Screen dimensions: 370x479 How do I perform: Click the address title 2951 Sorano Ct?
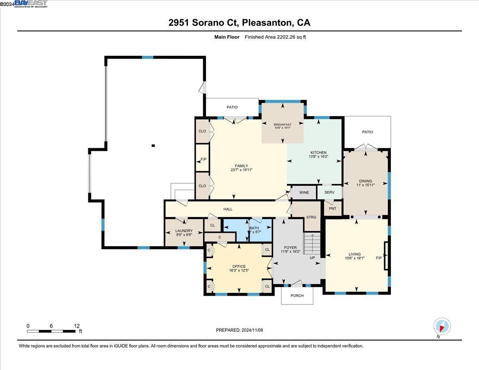pyautogui.click(x=239, y=23)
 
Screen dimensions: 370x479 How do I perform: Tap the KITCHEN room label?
pyautogui.click(x=319, y=152)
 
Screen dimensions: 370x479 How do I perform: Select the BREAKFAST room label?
pyautogui.click(x=283, y=125)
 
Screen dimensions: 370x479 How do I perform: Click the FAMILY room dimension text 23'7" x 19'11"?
pyautogui.click(x=241, y=170)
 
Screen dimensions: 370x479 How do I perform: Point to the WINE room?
pyautogui.click(x=304, y=192)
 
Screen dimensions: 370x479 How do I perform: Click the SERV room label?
pyautogui.click(x=329, y=192)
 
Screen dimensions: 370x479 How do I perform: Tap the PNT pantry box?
pyautogui.click(x=333, y=208)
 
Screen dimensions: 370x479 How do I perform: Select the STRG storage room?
pyautogui.click(x=311, y=217)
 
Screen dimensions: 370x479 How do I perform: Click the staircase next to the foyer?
pyautogui.click(x=312, y=243)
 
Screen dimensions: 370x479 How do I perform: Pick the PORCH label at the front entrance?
pyautogui.click(x=297, y=296)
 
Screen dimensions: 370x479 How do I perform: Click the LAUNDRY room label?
pyautogui.click(x=184, y=231)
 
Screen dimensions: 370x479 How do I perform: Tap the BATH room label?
pyautogui.click(x=254, y=228)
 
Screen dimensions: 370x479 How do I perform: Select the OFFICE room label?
pyautogui.click(x=239, y=266)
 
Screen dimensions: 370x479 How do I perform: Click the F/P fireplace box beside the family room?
pyautogui.click(x=203, y=159)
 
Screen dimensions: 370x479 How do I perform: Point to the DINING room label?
pyautogui.click(x=365, y=181)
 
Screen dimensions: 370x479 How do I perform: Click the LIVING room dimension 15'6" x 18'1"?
pyautogui.click(x=354, y=258)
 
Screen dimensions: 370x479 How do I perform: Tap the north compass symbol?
pyautogui.click(x=442, y=327)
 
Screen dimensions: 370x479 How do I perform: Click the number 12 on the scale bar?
pyautogui.click(x=77, y=326)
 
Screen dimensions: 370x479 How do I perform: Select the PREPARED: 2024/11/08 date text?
pyautogui.click(x=239, y=330)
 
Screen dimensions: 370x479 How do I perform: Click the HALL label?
pyautogui.click(x=228, y=209)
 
